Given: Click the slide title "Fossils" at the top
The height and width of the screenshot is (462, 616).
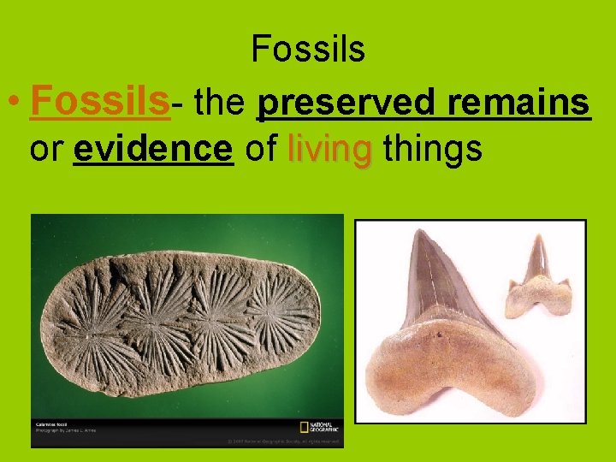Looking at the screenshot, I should (308, 50).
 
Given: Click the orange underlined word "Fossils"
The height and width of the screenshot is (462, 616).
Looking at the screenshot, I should (99, 104).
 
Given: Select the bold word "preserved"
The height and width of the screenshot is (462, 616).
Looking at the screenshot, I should (347, 104).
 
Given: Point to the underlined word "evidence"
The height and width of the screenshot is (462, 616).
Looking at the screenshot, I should (153, 149).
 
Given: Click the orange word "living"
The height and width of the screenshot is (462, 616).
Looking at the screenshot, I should (329, 149).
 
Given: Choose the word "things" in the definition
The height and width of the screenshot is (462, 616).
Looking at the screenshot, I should (433, 149).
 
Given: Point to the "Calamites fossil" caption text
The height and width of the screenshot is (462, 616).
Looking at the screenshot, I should (52, 423).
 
